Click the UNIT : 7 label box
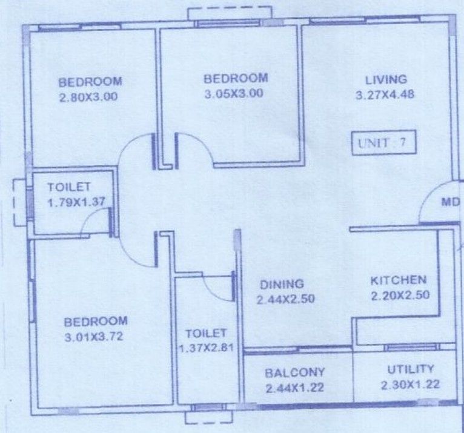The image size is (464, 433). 384,142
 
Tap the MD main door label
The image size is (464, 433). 451,202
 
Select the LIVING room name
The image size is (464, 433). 386,80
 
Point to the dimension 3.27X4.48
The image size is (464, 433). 385,95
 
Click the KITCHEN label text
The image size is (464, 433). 399,280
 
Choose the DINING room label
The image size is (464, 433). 282,284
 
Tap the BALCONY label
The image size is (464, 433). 295,372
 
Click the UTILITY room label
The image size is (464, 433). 411,369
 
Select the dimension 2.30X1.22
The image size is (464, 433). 410,385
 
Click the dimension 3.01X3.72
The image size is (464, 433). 94,337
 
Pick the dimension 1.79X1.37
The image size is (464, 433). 76,202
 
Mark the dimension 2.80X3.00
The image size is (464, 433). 88,97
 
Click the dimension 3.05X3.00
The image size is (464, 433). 234,94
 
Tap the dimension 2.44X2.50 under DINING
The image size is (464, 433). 285,300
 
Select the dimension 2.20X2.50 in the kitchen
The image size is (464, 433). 400,296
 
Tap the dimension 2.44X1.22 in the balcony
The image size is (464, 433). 295,388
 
